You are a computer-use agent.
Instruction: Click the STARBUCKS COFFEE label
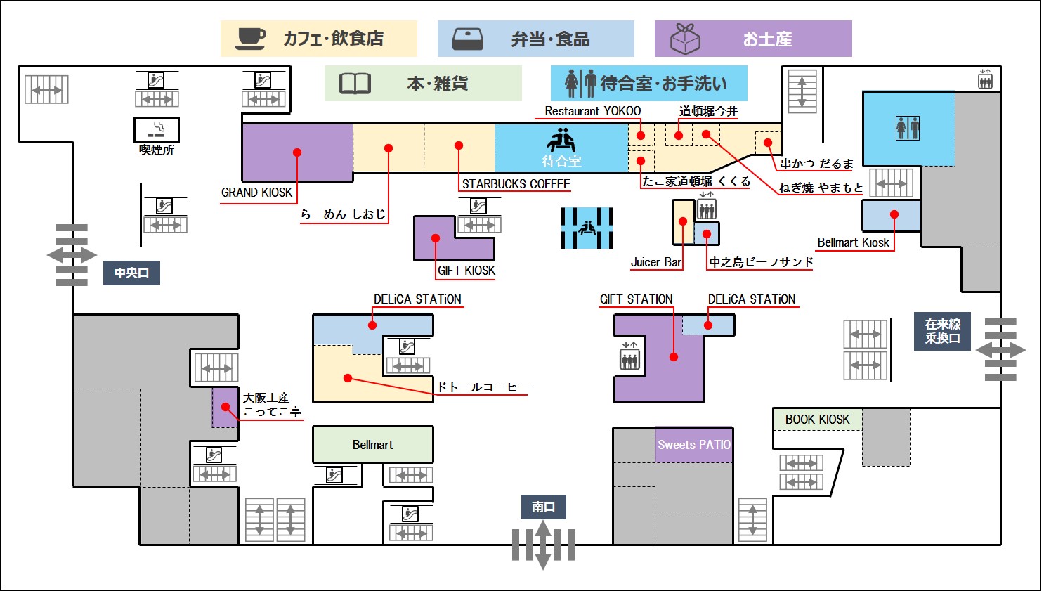(x=516, y=184)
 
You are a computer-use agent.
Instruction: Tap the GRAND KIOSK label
(x=256, y=193)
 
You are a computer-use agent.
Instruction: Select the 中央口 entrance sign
(x=131, y=273)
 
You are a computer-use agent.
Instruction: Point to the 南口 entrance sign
(x=543, y=507)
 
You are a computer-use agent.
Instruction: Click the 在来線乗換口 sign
(x=942, y=331)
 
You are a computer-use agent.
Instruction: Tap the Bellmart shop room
(x=372, y=445)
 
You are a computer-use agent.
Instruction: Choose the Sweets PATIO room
(x=694, y=445)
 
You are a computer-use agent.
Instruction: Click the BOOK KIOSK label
(x=817, y=420)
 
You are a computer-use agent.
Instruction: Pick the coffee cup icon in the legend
(x=250, y=38)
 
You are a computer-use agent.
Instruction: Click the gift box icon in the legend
(x=685, y=39)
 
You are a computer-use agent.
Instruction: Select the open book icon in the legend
(x=355, y=84)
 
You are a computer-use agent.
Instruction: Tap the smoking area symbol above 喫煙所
(x=157, y=129)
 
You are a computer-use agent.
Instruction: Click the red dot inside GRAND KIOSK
(x=297, y=152)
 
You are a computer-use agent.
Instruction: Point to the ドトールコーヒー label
(x=482, y=387)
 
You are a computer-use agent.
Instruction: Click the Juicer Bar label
(x=655, y=262)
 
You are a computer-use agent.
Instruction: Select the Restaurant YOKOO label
(x=592, y=111)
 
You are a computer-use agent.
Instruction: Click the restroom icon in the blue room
(x=907, y=128)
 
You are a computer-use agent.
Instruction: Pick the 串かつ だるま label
(x=816, y=164)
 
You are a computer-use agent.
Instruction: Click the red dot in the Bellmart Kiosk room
(x=894, y=214)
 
